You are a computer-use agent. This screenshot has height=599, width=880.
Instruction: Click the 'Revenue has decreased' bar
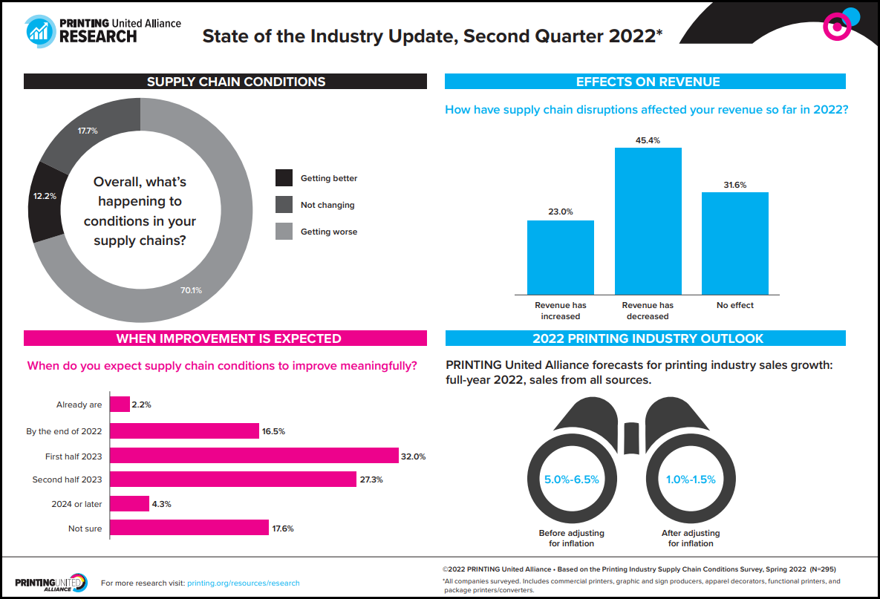tap(648, 221)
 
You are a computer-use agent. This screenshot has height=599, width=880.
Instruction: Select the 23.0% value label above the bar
tap(560, 212)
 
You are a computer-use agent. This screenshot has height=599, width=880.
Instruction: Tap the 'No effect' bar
tap(735, 243)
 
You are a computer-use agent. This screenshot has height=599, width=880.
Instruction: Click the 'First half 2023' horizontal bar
tap(254, 456)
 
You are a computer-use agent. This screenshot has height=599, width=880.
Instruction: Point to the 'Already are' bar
tap(120, 405)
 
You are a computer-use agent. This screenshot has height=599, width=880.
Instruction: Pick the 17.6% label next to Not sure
tap(283, 528)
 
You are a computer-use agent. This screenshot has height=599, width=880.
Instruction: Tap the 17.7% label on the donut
tap(88, 131)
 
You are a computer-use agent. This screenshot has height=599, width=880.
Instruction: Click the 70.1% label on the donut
tap(191, 290)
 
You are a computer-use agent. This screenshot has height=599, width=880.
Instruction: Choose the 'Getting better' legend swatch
tap(284, 178)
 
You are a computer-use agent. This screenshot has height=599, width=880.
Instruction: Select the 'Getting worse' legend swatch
tap(284, 232)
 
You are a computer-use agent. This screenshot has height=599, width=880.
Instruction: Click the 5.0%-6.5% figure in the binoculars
tap(571, 479)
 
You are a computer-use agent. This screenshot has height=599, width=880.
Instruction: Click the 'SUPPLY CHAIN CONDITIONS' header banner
tap(225, 82)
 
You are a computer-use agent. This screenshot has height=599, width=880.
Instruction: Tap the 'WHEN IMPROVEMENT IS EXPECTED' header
tap(225, 338)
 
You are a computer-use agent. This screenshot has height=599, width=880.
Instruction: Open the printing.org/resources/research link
tap(244, 583)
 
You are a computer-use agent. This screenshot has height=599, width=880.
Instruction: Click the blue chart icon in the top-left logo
tap(39, 31)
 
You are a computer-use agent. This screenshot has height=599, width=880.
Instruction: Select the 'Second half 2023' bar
tap(233, 479)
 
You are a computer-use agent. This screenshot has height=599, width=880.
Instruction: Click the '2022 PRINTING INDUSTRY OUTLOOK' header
tap(645, 338)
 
